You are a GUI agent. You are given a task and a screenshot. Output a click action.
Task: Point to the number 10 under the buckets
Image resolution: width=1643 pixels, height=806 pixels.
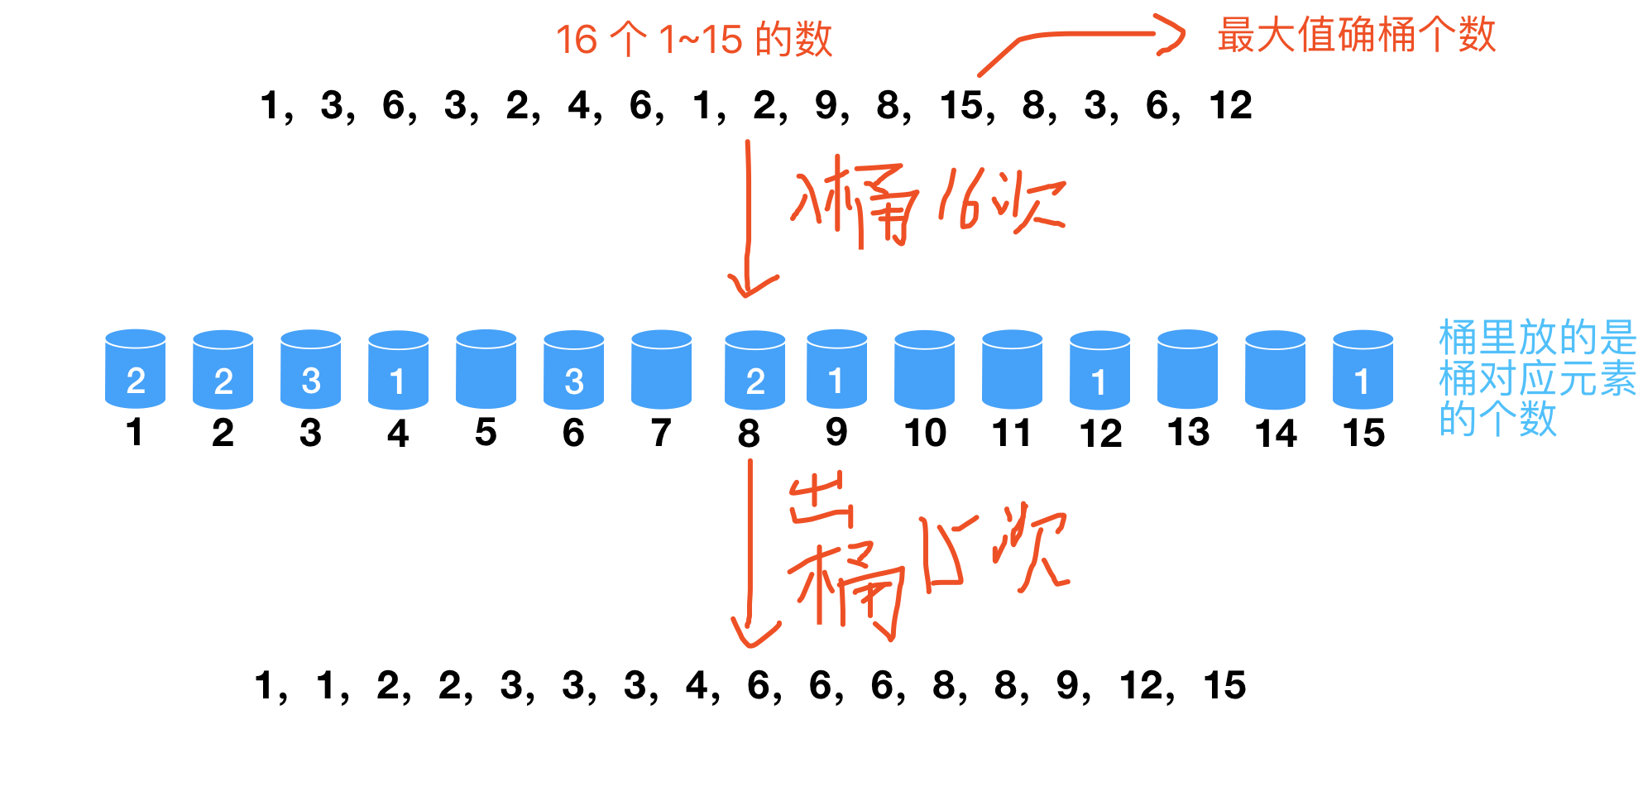pos(925,433)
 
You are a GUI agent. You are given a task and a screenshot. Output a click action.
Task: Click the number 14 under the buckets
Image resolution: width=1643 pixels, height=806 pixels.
pos(1276,434)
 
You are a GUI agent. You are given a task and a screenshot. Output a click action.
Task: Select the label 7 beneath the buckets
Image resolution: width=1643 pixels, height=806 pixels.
pos(661,433)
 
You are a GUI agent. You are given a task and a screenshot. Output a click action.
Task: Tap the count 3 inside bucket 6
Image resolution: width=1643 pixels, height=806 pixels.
pos(574,381)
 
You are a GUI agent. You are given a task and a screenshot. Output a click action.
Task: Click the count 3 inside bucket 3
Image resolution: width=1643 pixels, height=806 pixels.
pos(311,381)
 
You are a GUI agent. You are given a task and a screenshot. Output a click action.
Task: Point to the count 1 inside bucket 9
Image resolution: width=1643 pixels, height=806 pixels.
pos(836,381)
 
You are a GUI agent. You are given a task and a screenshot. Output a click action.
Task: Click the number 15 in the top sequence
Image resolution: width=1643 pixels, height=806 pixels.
pos(962,106)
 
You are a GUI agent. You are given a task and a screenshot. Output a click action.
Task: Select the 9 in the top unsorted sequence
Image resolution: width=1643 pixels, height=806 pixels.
pos(826,106)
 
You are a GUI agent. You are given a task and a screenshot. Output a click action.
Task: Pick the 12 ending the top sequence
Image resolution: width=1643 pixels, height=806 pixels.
pos(1230,106)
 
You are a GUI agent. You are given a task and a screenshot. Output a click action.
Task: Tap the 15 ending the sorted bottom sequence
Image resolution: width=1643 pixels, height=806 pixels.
pos(1224,686)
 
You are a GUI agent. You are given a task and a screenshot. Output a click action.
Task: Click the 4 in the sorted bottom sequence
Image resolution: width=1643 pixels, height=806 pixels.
pos(697,686)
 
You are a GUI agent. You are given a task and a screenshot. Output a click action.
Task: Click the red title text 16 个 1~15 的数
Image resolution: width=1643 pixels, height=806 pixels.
pos(693,40)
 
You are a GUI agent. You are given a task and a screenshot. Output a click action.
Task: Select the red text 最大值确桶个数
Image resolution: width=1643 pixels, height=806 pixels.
pos(1357,35)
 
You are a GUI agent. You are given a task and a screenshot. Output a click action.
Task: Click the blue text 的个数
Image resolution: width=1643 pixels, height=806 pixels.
pos(1497,419)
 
